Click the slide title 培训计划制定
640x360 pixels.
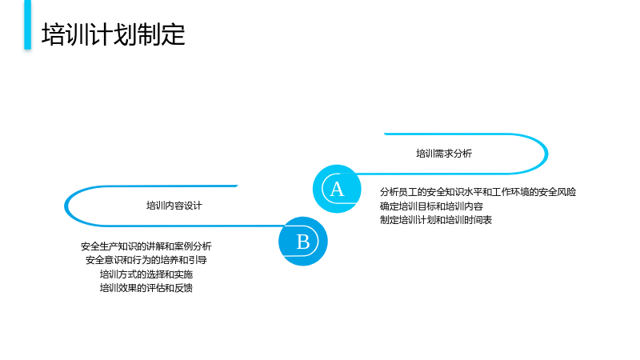coord(114,34)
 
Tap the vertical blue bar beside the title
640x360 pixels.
coord(27,25)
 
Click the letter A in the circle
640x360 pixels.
coord(337,189)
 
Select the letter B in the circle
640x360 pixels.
coord(303,242)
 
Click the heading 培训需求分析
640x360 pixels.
coord(444,154)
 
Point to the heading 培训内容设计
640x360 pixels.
coord(174,206)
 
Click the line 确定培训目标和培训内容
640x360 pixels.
coord(431,206)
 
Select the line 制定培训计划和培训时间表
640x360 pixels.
coord(436,220)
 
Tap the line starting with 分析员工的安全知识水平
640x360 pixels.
coord(478,192)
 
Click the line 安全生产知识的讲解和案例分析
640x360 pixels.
coord(146,246)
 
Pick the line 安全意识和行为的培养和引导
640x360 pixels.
coord(146,260)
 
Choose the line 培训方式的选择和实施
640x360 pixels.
coord(146,274)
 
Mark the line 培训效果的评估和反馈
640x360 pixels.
coord(146,288)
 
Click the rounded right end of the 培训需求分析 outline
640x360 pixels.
coord(546,154)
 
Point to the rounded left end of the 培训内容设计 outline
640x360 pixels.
coord(66,206)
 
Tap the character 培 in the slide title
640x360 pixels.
coord(54,34)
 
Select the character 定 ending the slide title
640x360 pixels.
coord(174,34)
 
